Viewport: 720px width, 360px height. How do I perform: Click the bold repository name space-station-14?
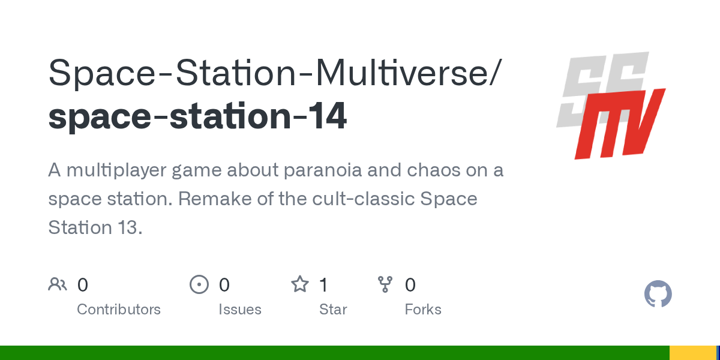click(x=197, y=116)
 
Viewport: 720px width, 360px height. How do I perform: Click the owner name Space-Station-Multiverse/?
click(x=275, y=73)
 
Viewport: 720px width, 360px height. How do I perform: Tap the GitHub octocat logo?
click(x=658, y=294)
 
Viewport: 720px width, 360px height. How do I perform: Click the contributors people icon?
click(x=58, y=284)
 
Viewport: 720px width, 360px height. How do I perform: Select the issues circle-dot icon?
click(x=199, y=284)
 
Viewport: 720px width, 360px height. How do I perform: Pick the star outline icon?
click(x=300, y=284)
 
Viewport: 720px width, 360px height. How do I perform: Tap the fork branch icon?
click(x=385, y=284)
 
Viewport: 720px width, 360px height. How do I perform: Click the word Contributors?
click(x=119, y=310)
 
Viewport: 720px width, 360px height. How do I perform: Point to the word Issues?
click(x=240, y=310)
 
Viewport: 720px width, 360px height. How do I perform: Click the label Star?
click(x=333, y=310)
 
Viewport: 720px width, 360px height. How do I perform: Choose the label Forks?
click(x=423, y=310)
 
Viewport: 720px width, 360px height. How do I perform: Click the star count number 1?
click(x=323, y=285)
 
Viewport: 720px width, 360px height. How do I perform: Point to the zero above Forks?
click(x=410, y=285)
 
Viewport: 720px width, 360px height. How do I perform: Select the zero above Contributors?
click(x=83, y=285)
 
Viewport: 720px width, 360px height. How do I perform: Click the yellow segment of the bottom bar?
click(x=692, y=353)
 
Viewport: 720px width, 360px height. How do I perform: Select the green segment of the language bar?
click(x=335, y=353)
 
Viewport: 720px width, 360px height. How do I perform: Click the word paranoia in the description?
click(x=322, y=170)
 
